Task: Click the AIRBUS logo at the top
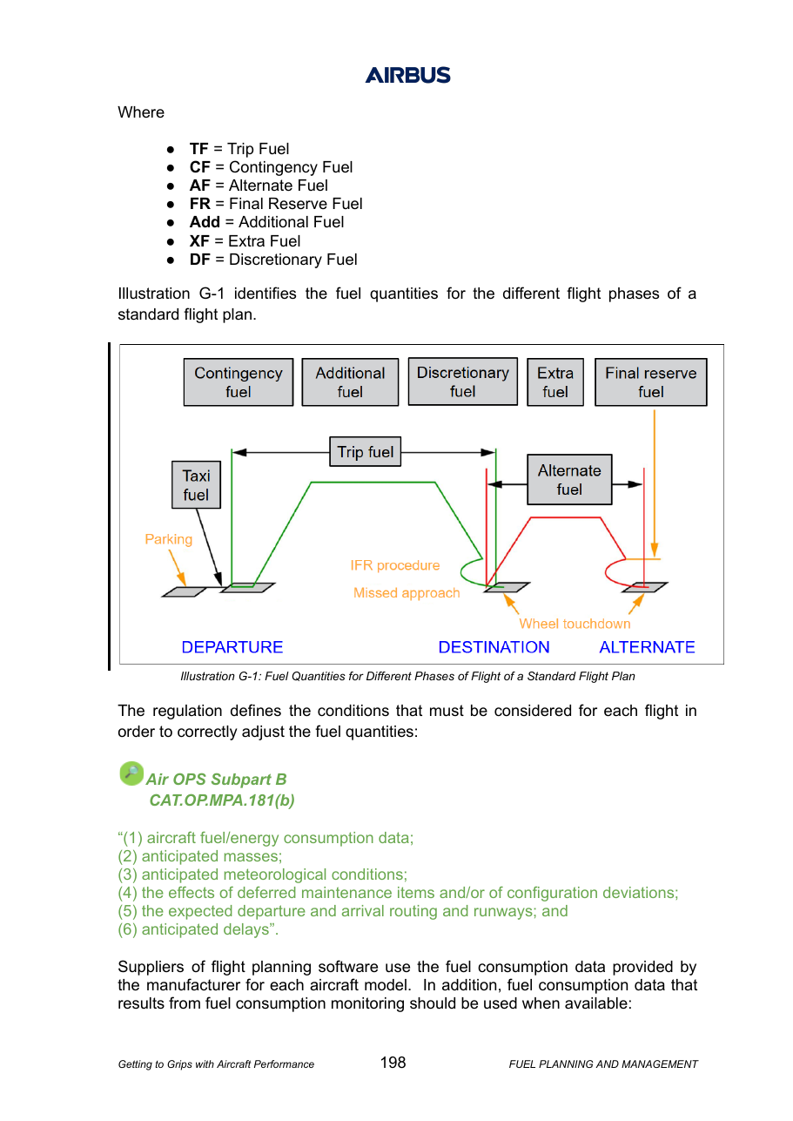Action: pyautogui.click(x=407, y=75)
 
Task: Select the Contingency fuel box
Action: pyautogui.click(x=238, y=382)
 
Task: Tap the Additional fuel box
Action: pyautogui.click(x=350, y=382)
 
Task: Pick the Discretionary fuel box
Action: pyautogui.click(x=462, y=382)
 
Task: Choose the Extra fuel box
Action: pyautogui.click(x=555, y=382)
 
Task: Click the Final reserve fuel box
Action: pyautogui.click(x=650, y=382)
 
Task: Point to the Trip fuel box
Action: pyautogui.click(x=365, y=451)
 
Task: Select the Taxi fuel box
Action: pyautogui.click(x=196, y=484)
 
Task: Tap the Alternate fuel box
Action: pyautogui.click(x=569, y=479)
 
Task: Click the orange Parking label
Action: pyautogui.click(x=169, y=539)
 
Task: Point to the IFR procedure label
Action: pyautogui.click(x=395, y=565)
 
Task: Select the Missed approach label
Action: pyautogui.click(x=407, y=592)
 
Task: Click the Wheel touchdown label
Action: pyautogui.click(x=575, y=624)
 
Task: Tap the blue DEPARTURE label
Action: pyautogui.click(x=232, y=647)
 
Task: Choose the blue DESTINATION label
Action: pyautogui.click(x=494, y=647)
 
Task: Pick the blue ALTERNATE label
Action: pyautogui.click(x=647, y=647)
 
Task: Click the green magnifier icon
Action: pyautogui.click(x=131, y=773)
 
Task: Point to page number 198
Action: pyautogui.click(x=393, y=1063)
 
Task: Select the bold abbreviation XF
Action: pyautogui.click(x=199, y=241)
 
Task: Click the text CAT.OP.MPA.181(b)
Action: pyautogui.click(x=222, y=800)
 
